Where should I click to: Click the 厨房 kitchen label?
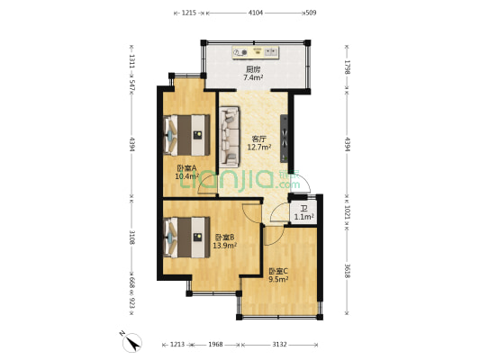point(254,69)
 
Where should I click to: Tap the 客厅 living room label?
point(259,139)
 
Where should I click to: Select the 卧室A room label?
point(186,168)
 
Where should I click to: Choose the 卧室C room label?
point(277,271)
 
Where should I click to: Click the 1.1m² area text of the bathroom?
point(303,217)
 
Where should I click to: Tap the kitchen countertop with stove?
point(261,52)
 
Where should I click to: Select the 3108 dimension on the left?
point(131,238)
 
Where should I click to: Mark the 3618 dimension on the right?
point(346,269)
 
